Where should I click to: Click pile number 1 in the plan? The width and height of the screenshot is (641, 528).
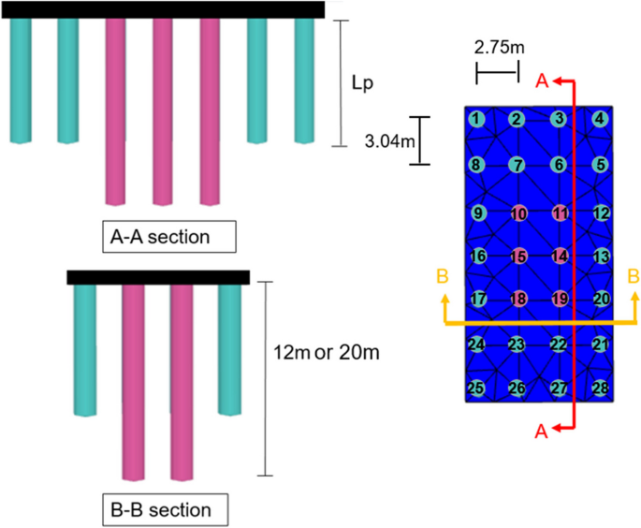tap(477, 118)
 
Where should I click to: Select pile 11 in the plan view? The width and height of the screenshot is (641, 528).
tap(560, 213)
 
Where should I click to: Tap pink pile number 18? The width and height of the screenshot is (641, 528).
tap(518, 299)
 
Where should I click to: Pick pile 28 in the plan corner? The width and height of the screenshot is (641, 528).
tap(600, 118)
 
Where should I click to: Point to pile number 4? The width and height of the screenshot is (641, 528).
tap(600, 118)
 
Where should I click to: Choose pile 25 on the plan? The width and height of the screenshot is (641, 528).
tap(477, 388)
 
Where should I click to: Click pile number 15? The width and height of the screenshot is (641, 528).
tap(518, 256)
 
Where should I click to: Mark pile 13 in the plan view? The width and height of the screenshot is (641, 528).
tap(601, 256)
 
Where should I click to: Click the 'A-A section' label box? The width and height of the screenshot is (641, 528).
tap(168, 236)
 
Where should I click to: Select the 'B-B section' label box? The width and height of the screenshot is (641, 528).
tap(162, 510)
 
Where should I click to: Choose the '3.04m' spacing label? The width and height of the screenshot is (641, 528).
tap(386, 140)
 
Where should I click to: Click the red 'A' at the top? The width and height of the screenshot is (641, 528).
tap(541, 82)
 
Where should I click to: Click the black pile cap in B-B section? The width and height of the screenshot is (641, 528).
tap(157, 277)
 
